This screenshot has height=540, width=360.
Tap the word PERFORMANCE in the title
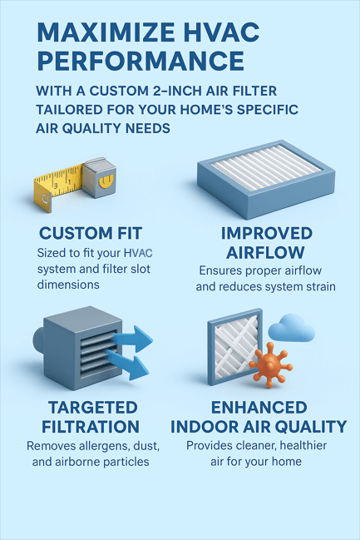141,61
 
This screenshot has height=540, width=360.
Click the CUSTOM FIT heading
91,234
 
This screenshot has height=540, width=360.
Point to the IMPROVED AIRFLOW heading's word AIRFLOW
265,252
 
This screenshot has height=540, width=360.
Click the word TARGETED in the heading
93,408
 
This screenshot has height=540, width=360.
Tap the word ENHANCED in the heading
259,408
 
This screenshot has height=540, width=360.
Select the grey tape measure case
100,177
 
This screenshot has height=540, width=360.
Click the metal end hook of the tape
46,202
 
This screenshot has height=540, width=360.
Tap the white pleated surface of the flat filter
266,167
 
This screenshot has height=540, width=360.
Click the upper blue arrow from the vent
132,339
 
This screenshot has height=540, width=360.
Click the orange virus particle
270,365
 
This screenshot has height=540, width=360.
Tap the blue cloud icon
291,328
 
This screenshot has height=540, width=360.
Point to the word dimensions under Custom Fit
68,285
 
